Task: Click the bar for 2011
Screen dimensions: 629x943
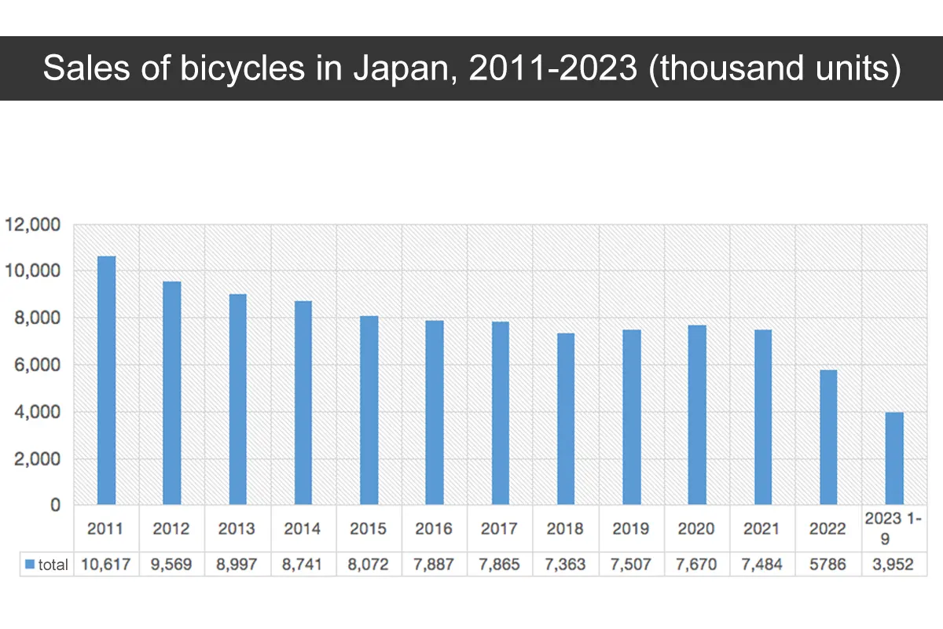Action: point(106,381)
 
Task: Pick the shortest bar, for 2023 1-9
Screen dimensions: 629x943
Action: point(894,458)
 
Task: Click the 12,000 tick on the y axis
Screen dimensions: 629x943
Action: point(32,225)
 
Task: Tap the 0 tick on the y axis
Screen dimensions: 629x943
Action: point(55,506)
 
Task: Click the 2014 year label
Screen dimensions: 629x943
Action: point(303,528)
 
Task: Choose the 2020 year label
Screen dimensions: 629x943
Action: point(697,528)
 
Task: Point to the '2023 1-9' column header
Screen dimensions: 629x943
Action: point(893,528)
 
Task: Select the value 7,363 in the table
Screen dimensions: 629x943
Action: point(565,565)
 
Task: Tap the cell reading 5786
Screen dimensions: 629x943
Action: point(828,565)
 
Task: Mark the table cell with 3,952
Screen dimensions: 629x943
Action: point(893,565)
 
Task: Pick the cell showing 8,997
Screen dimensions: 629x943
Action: point(237,565)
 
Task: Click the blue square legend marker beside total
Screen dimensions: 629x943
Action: point(30,565)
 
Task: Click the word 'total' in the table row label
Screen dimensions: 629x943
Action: point(53,565)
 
